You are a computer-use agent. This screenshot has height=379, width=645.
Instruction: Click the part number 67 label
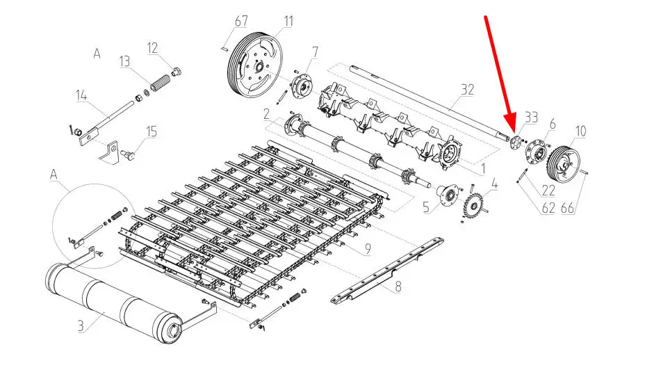[241, 21]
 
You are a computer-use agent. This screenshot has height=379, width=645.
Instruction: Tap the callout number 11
[288, 21]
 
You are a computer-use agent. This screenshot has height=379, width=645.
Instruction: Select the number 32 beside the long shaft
[467, 90]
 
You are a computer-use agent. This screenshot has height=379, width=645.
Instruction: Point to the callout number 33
[531, 118]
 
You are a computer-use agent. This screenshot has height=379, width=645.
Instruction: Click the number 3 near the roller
[81, 326]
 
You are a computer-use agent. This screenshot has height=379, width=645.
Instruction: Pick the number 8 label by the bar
[398, 286]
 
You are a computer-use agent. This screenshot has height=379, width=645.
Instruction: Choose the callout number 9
[368, 248]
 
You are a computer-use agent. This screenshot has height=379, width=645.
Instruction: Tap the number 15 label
[152, 131]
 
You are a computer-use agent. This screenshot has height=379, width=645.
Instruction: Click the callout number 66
[567, 208]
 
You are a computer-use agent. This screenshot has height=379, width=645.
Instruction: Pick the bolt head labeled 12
[177, 72]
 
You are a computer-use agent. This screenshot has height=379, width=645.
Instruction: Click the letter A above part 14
[97, 54]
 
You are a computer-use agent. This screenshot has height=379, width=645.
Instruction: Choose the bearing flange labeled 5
[446, 195]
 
